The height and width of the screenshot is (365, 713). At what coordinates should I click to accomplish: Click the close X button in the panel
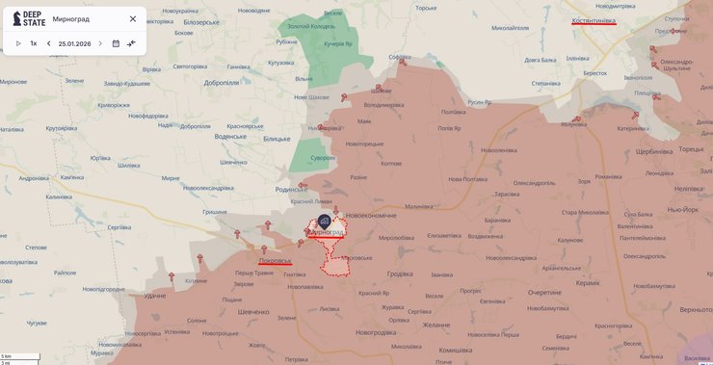click(x=133, y=18)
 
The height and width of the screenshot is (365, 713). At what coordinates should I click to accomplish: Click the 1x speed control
click(x=34, y=43)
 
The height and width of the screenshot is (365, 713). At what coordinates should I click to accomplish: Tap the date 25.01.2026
click(x=74, y=43)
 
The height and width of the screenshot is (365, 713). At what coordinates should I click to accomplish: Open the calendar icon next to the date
click(x=116, y=43)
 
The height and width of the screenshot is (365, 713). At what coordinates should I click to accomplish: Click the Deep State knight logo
click(x=16, y=18)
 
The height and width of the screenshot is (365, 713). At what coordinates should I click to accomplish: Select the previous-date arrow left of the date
click(x=49, y=43)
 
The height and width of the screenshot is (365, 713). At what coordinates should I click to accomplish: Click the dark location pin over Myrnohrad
click(x=325, y=222)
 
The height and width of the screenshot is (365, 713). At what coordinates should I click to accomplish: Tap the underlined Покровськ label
click(x=275, y=260)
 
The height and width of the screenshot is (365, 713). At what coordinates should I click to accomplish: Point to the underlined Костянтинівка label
click(x=594, y=20)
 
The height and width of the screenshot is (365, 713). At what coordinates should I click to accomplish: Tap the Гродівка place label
click(x=400, y=274)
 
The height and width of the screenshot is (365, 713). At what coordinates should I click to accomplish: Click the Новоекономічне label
click(x=372, y=215)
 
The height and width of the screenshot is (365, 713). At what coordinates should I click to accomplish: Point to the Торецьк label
click(x=691, y=149)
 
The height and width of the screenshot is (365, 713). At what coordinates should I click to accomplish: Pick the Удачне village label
click(x=155, y=295)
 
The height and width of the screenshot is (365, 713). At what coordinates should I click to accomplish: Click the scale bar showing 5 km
click(x=20, y=356)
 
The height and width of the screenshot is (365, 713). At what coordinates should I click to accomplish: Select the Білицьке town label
click(x=277, y=139)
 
